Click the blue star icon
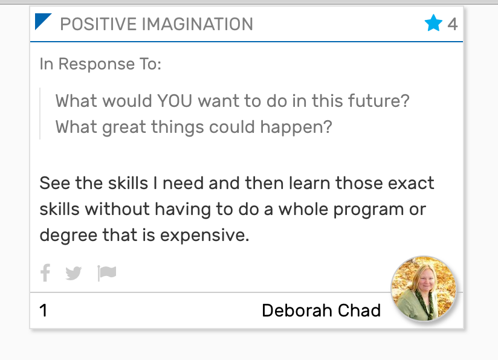[433, 23]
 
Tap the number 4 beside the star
[453, 24]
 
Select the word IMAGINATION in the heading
[197, 24]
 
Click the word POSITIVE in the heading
[99, 24]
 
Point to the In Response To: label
[100, 64]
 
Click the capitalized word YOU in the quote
[175, 101]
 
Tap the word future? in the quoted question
[378, 101]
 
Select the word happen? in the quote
[296, 127]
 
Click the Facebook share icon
[45, 272]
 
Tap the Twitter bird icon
[73, 273]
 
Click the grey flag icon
[107, 273]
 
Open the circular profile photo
[424, 288]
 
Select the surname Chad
[359, 310]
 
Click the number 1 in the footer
[44, 310]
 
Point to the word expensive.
[204, 236]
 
